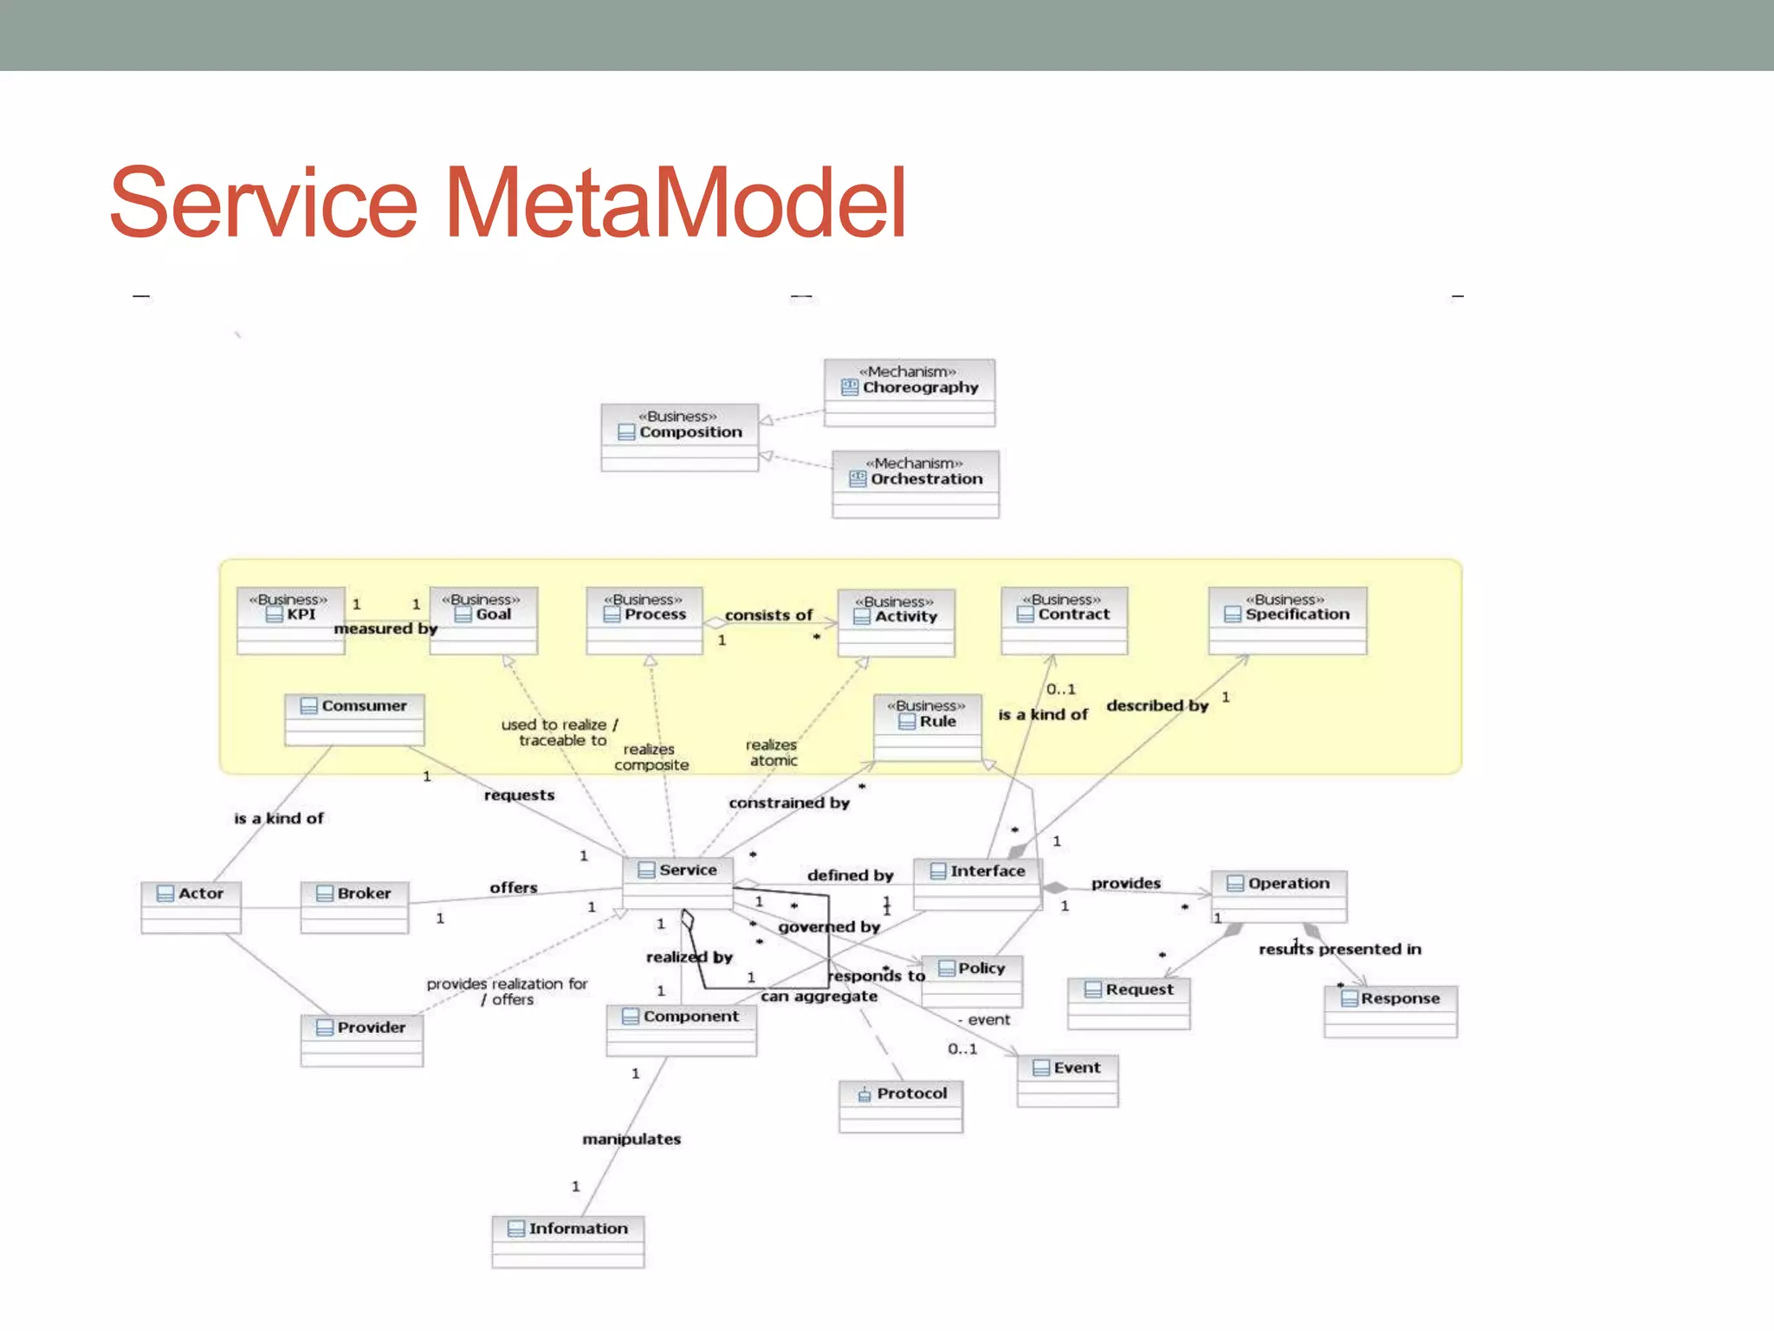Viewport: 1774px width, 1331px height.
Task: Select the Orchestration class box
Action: pos(915,484)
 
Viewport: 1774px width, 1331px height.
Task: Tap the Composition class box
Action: pos(680,437)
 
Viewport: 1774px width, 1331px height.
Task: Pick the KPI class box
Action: pos(290,620)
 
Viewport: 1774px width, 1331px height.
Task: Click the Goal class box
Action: pos(483,620)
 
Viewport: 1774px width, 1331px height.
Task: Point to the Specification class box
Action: pos(1287,620)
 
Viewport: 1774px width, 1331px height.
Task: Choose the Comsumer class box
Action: pos(354,718)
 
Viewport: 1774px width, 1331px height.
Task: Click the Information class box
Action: pos(567,1240)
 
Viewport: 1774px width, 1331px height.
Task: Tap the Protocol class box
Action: pos(900,1105)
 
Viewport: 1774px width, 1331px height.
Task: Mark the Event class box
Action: pos(1067,1079)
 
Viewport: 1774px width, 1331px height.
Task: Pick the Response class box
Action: pos(1390,1010)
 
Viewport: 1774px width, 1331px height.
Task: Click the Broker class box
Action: pos(354,906)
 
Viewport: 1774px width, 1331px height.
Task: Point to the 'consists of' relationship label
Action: pos(768,614)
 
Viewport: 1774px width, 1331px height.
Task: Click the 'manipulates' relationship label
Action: pos(631,1139)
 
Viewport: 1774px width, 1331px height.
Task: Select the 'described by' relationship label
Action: pos(1156,705)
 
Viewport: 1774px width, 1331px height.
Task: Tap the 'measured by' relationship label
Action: pos(385,628)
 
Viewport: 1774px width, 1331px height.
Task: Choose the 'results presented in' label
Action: pos(1339,949)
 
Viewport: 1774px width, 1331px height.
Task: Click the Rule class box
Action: pos(927,726)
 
